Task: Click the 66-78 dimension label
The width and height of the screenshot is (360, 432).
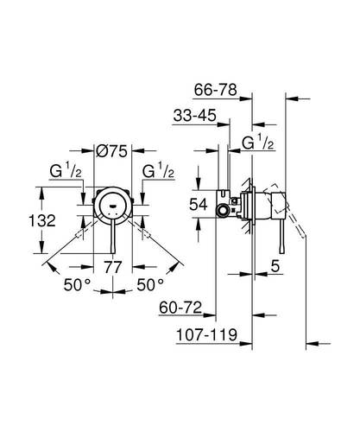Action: tap(215, 90)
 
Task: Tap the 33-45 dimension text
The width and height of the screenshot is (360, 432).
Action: tap(194, 116)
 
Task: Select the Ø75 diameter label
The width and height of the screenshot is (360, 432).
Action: tap(111, 150)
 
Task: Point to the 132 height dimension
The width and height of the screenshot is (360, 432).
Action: tap(42, 220)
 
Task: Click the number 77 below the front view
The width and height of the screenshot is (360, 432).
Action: tap(113, 267)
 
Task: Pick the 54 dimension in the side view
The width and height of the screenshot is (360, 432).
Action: tap(199, 205)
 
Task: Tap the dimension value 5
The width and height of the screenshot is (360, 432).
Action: tap(275, 266)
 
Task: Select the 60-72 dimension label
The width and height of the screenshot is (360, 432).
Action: tap(180, 308)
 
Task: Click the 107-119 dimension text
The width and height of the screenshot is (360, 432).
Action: tap(206, 335)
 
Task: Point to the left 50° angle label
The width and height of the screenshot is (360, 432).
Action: tap(77, 285)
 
